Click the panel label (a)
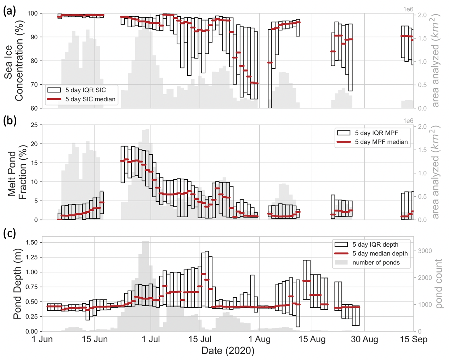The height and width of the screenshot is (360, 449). tap(10, 11)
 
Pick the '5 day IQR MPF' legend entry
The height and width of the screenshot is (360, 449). tap(376, 133)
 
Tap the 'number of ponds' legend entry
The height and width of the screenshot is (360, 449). tap(376, 263)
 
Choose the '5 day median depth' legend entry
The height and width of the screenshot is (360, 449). tap(380, 253)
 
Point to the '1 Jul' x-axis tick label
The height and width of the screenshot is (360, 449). tap(151, 339)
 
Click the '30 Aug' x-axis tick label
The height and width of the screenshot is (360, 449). tap(364, 339)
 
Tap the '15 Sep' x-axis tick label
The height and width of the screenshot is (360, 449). tap(414, 339)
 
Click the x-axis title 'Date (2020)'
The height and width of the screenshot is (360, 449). tap(228, 351)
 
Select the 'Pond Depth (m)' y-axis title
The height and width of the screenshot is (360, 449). tap(17, 284)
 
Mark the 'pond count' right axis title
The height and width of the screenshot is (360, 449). tap(439, 283)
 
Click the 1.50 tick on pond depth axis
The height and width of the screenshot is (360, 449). tap(32, 242)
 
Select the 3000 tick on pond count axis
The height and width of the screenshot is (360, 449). tap(425, 251)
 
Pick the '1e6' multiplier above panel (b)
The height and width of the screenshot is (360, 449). tap(408, 121)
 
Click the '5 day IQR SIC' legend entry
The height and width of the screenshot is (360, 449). tap(85, 90)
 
